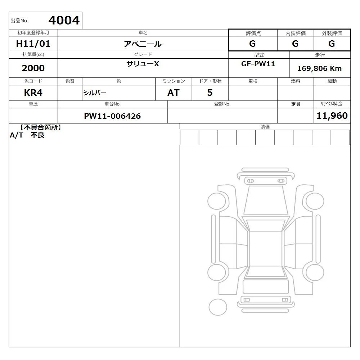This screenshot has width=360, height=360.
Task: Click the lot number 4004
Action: tap(64, 21)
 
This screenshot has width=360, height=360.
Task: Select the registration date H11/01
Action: tap(33, 44)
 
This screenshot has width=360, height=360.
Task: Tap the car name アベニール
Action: tap(143, 44)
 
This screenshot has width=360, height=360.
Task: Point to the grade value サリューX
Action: tap(143, 64)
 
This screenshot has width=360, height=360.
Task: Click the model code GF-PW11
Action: tap(258, 64)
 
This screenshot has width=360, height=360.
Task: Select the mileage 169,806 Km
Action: tap(319, 68)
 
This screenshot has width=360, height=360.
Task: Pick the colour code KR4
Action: tap(33, 93)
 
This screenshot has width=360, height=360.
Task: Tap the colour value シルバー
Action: tap(95, 93)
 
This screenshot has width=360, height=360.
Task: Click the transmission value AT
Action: tap(174, 93)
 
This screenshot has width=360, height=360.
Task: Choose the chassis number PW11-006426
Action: tap(112, 116)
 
